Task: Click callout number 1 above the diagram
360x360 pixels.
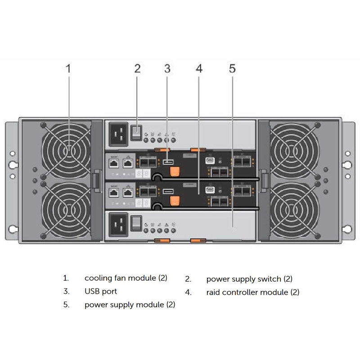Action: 68,68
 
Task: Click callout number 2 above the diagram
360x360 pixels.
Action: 137,68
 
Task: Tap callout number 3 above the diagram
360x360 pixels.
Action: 167,68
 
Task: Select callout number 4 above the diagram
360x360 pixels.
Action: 199,68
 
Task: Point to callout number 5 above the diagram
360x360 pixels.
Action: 232,68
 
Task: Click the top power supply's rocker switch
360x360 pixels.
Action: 136,132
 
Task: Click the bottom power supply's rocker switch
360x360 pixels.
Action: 136,222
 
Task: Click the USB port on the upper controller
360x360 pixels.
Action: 168,161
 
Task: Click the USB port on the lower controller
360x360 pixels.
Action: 168,192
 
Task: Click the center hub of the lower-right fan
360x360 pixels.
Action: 294,207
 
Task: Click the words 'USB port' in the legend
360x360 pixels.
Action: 101,292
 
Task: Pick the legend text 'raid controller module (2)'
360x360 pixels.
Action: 252,292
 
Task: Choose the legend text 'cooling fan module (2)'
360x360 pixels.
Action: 126,278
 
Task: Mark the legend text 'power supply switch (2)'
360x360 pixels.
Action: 249,279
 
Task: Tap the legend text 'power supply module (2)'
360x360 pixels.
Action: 130,305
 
